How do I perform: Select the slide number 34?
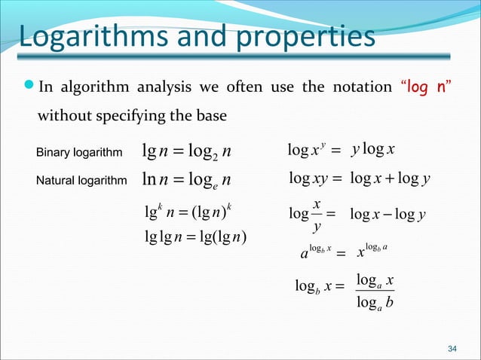click(x=452, y=348)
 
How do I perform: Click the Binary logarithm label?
click(x=79, y=154)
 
